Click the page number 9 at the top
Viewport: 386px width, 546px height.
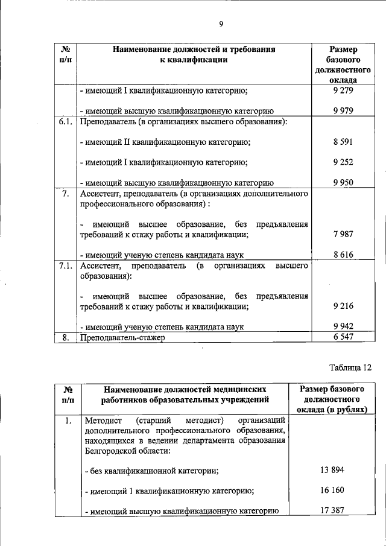point(221,24)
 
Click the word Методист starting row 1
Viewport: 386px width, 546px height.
point(100,420)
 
